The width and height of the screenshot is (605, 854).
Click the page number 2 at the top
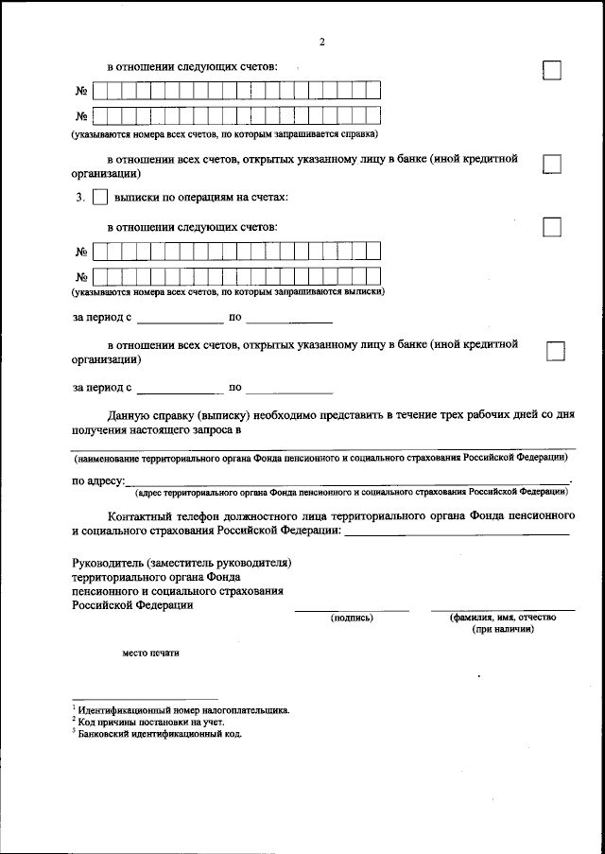(x=321, y=42)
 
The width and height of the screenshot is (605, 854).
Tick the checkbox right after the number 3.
(x=100, y=199)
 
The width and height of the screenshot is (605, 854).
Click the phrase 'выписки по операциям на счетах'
(x=200, y=199)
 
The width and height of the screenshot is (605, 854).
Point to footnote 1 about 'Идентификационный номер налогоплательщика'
(x=183, y=709)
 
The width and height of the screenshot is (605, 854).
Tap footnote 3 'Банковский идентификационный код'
(x=161, y=733)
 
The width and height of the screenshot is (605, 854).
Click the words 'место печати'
(x=149, y=652)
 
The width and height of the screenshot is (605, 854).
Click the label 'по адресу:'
(x=98, y=482)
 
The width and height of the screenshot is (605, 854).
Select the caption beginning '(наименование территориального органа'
(x=321, y=457)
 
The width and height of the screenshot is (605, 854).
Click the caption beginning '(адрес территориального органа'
(x=351, y=493)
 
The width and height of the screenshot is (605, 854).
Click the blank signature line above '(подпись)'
(x=351, y=610)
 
